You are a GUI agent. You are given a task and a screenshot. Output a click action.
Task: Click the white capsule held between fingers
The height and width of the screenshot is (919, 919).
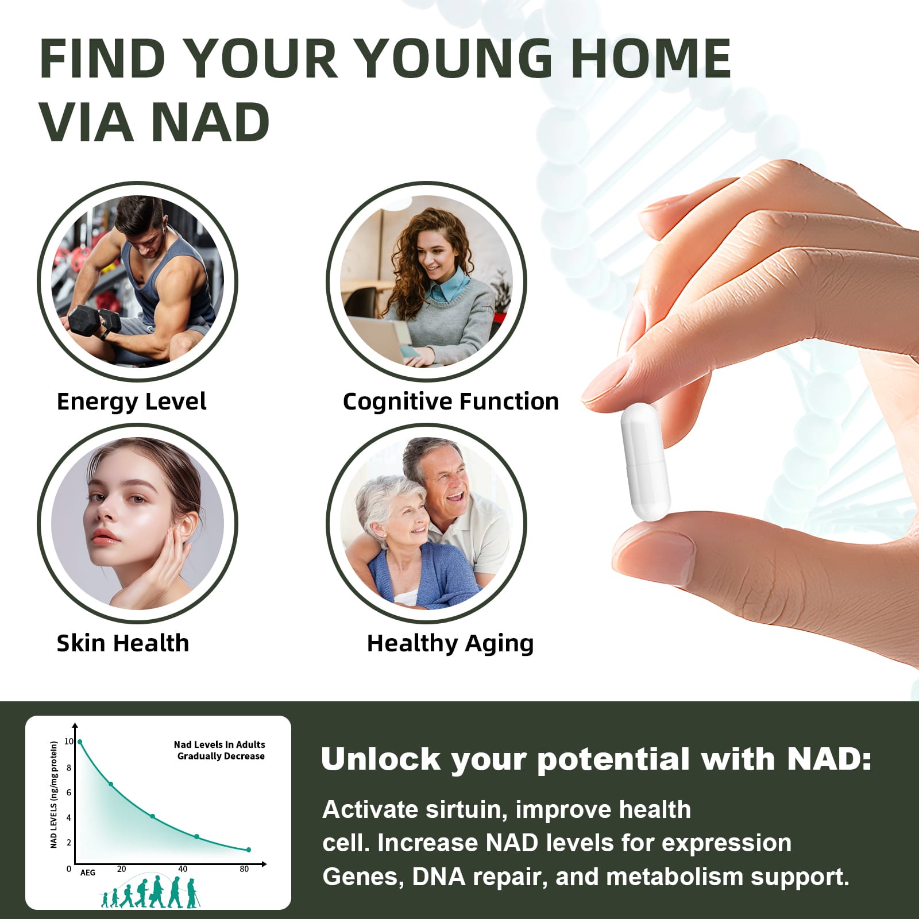click(645, 462)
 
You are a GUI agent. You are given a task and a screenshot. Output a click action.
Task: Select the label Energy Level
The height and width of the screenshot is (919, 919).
click(132, 402)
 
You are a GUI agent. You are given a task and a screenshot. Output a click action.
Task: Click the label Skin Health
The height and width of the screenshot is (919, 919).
click(123, 643)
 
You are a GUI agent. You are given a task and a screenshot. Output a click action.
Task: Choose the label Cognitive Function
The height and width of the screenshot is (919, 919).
click(451, 402)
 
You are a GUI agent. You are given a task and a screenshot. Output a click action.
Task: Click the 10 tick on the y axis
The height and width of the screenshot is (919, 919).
click(69, 742)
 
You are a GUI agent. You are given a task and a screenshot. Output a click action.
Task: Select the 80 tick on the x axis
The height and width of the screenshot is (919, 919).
click(244, 869)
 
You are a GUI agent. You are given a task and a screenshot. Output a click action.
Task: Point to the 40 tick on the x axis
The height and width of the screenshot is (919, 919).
click(183, 869)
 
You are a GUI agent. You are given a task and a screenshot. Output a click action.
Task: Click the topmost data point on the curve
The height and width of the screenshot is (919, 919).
click(80, 742)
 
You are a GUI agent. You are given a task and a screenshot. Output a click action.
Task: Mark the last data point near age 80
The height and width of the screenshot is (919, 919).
click(249, 850)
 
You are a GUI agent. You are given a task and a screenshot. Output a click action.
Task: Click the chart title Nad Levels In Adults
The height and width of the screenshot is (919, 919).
click(219, 744)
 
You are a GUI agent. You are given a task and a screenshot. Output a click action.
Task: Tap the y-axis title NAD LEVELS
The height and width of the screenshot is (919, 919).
click(54, 794)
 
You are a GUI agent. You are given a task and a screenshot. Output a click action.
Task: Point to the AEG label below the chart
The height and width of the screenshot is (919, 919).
click(88, 873)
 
